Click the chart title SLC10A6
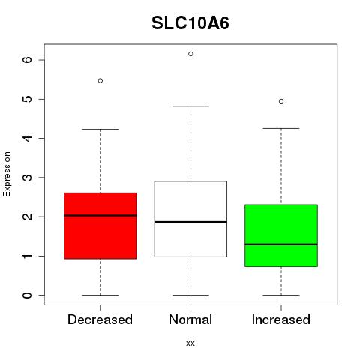coord(190,23)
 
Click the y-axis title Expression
coord(7,174)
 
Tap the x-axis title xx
coord(190,343)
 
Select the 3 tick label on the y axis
coord(28,178)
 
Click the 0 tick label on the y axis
coord(28,295)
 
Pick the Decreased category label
coord(100,319)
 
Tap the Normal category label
coord(190,319)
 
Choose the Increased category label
coord(281,319)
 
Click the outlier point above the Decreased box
coord(100,80)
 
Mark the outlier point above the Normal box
coord(190,54)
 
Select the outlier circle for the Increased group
coord(281,101)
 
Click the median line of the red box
coord(100,215)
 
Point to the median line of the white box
coord(190,222)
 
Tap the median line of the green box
coord(281,244)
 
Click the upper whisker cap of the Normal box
coord(190,106)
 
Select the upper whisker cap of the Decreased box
coord(100,129)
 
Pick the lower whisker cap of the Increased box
coord(281,295)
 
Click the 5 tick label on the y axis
coord(28,99)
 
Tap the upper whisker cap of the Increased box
coord(281,128)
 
